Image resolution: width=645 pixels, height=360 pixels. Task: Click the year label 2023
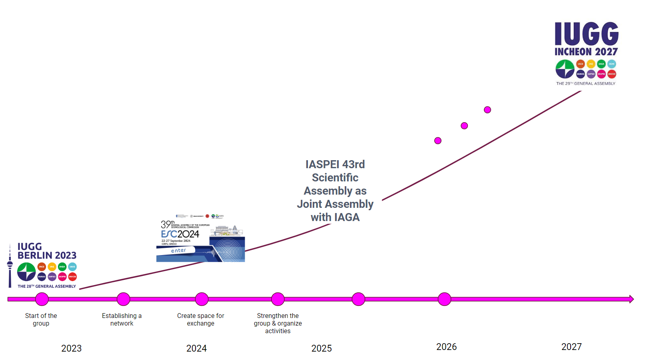[71, 348]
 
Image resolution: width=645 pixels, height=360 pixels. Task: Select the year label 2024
[196, 348]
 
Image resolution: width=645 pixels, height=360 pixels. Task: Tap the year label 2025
[322, 348]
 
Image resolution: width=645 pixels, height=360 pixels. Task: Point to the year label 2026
[446, 347]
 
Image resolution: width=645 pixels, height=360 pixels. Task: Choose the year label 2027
[571, 347]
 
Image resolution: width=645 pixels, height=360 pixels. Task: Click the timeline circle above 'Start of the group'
[42, 299]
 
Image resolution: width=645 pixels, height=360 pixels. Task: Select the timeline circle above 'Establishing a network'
[123, 299]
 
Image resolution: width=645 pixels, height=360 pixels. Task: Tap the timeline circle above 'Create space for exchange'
[202, 299]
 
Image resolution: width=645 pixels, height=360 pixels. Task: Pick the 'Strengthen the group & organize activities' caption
[278, 323]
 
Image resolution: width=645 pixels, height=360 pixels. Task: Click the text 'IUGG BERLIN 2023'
[46, 251]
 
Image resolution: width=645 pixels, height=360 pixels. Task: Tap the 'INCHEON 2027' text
[586, 52]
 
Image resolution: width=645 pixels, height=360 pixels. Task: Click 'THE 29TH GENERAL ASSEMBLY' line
[586, 84]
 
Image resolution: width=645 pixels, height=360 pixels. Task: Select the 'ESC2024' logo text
[180, 234]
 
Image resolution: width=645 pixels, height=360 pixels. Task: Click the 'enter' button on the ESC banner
[178, 251]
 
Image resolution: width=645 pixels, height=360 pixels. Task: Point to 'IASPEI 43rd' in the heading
[335, 165]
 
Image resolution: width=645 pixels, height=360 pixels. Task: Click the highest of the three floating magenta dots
[487, 110]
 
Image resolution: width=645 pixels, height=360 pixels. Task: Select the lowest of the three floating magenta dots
[438, 141]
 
